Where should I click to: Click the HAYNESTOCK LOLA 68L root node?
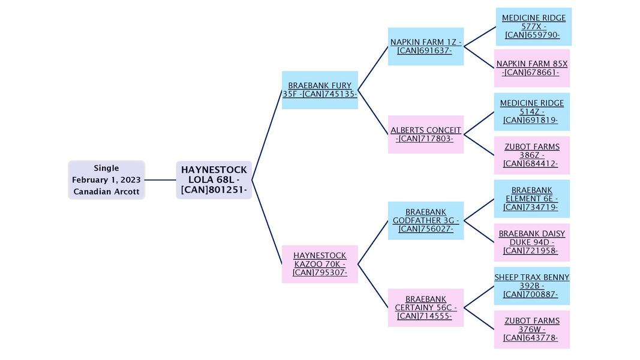(x=214, y=180)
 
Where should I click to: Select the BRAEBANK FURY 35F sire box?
(x=320, y=90)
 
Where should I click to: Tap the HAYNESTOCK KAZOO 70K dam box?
(x=320, y=264)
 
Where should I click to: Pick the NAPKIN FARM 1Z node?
(x=425, y=46)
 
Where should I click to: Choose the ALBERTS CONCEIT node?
(x=425, y=134)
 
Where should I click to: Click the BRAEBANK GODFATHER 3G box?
(x=425, y=221)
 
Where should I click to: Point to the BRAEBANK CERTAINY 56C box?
(x=425, y=308)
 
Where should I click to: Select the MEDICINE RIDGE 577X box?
(x=533, y=26)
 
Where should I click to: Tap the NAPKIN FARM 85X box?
(x=531, y=68)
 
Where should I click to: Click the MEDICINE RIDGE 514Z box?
(x=531, y=112)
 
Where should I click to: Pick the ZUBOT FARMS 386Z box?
(x=531, y=155)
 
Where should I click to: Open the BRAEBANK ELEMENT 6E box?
(x=531, y=199)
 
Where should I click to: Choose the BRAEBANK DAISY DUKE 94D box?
(x=531, y=242)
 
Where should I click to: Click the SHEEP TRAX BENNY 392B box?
(x=531, y=286)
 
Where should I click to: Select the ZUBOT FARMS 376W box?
(x=531, y=329)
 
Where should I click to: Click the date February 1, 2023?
(x=106, y=180)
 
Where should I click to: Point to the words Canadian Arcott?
(x=106, y=192)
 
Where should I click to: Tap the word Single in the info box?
(x=106, y=168)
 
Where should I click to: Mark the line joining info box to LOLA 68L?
(x=160, y=180)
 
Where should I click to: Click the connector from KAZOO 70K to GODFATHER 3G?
(x=373, y=242)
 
